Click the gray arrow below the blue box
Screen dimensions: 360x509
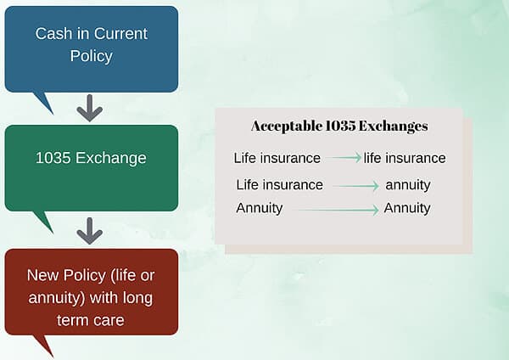tap(89, 108)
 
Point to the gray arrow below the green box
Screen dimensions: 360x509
tap(89, 230)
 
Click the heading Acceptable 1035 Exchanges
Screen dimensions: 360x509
tap(339, 126)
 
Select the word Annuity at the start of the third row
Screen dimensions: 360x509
tap(260, 208)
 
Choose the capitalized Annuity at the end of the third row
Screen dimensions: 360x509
tap(407, 208)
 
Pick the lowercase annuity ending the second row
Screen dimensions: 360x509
tap(408, 184)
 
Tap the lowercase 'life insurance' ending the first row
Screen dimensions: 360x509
tap(405, 158)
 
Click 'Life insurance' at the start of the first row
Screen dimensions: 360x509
tap(277, 158)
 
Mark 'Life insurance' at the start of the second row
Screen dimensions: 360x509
tap(279, 184)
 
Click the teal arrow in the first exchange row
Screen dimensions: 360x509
tap(345, 158)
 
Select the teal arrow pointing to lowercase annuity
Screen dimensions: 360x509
tap(355, 185)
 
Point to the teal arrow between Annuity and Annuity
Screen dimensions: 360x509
tap(337, 209)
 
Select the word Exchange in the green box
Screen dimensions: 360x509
tap(114, 158)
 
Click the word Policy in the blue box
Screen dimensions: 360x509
tap(91, 56)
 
